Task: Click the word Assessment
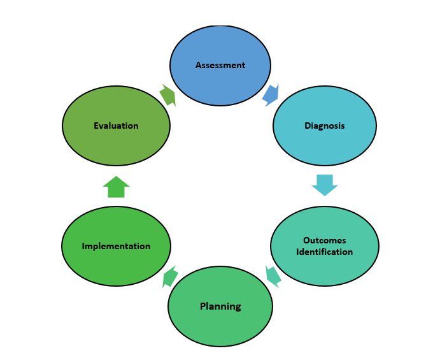tap(220, 66)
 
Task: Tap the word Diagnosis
tap(325, 126)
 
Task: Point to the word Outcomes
tap(325, 240)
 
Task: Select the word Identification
tap(325, 252)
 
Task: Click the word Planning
tap(220, 306)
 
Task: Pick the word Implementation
tap(116, 246)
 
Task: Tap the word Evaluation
tap(116, 126)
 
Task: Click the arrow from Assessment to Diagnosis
tap(271, 95)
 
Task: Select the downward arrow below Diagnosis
tap(325, 184)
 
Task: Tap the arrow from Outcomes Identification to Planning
tap(273, 276)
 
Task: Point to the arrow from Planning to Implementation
tap(170, 277)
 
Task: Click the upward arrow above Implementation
tap(116, 187)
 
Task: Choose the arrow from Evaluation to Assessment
tap(167, 95)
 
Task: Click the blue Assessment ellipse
tap(220, 48)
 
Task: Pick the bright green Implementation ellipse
tap(116, 268)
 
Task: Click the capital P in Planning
tap(203, 306)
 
